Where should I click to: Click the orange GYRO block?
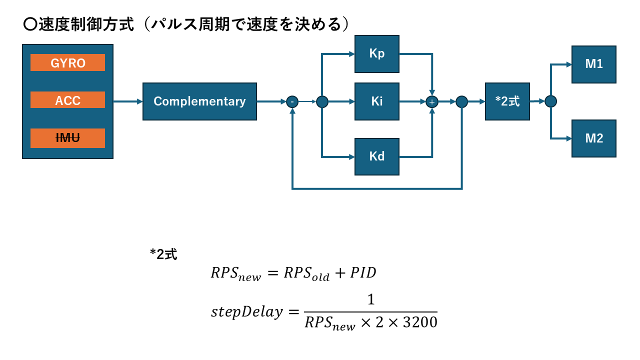click(67, 63)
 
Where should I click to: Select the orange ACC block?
click(67, 100)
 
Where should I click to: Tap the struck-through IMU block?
click(67, 138)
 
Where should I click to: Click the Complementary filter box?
click(199, 101)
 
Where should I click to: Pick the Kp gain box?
click(377, 54)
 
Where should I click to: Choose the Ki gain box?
click(377, 101)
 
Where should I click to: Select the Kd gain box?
click(377, 156)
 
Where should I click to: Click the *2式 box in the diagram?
click(507, 101)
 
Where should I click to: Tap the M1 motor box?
click(594, 64)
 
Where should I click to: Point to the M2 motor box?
click(594, 138)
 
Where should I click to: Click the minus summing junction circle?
click(292, 102)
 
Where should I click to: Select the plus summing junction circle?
click(431, 102)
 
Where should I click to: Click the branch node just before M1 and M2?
click(550, 101)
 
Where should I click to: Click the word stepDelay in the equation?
click(246, 312)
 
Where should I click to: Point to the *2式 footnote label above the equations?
click(163, 254)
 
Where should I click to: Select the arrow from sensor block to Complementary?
click(128, 101)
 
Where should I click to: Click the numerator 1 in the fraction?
click(370, 300)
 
